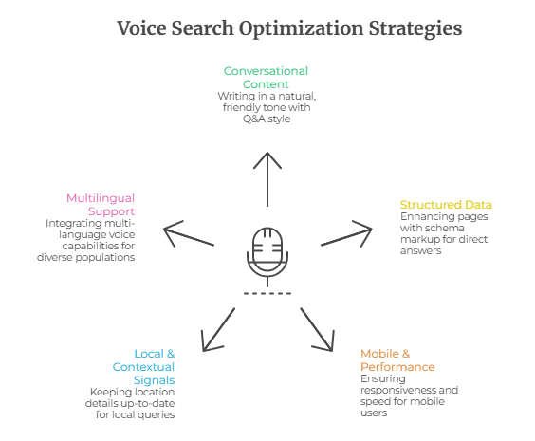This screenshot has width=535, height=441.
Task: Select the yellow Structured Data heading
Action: coord(445,205)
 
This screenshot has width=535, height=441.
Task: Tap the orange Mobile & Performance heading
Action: coord(397,360)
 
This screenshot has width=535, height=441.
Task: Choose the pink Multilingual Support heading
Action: coord(101,204)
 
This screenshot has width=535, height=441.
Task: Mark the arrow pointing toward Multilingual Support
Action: coord(190,233)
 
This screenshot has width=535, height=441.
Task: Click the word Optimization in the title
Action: coord(302,28)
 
